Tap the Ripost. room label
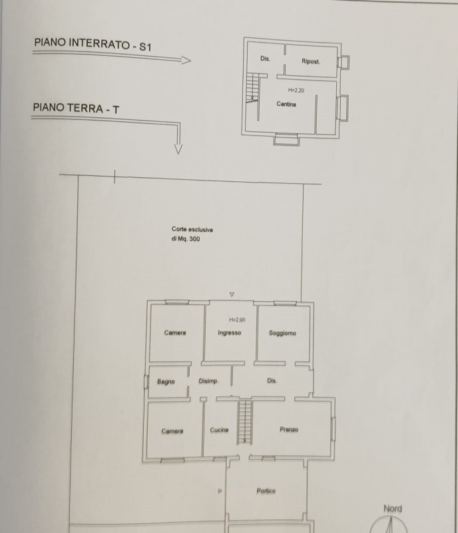311,62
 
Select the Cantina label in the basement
286,104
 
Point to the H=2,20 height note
296,90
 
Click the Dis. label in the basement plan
265,59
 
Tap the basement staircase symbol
252,87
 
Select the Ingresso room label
229,333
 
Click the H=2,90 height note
238,320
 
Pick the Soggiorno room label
283,333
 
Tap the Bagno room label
166,382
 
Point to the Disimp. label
209,381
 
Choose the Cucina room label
219,430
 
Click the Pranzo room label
289,430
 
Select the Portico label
266,491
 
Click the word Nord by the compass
393,509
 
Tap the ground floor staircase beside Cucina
245,421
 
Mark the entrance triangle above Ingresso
232,294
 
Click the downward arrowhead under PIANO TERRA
178,149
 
